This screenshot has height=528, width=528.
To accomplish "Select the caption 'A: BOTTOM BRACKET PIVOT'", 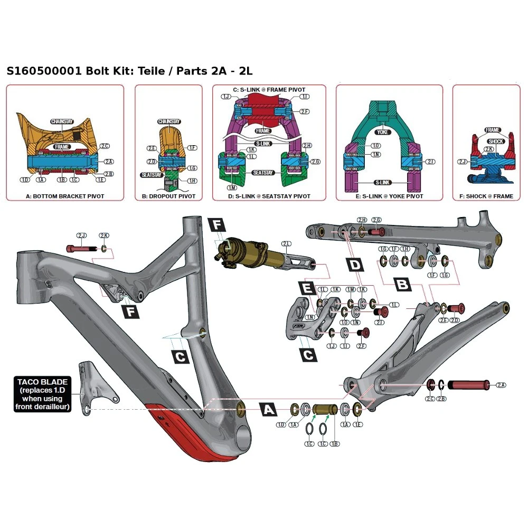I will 65,196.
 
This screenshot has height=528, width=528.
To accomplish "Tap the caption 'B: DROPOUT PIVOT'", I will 168,196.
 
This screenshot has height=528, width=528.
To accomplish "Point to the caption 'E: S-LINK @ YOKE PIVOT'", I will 390,196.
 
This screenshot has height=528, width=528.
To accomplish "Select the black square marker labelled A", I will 269,409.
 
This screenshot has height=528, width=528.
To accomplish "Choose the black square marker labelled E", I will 306,288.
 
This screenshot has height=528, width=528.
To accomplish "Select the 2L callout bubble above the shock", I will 287,244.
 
